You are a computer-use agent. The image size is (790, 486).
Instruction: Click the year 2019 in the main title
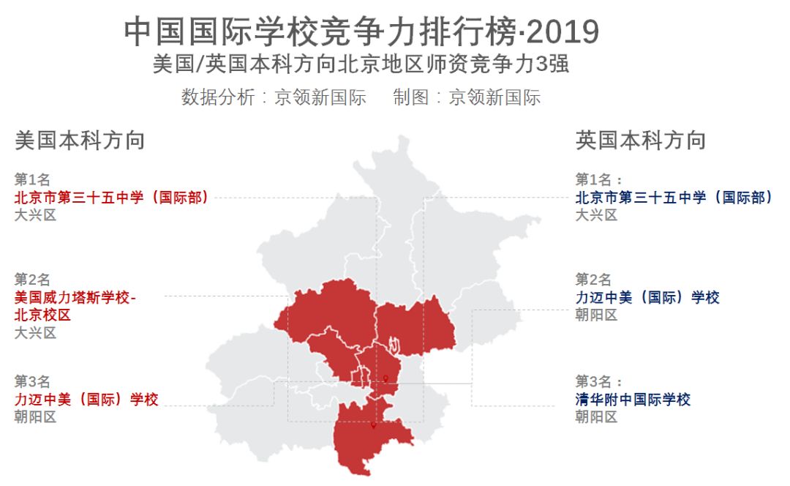563,32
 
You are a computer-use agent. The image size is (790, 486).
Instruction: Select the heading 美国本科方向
80,141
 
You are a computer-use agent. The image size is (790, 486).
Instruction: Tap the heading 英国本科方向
641,141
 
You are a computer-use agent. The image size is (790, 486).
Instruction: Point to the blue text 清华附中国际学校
633,400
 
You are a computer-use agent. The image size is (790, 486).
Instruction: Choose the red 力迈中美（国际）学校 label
86,400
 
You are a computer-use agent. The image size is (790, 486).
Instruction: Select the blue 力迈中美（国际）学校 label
647,298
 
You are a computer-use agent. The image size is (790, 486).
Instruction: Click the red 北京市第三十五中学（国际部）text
112,198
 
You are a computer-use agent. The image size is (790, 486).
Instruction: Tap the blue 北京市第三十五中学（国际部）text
674,198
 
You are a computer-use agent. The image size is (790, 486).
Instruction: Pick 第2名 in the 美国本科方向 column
32,280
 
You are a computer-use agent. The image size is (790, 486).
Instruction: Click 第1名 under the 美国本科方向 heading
32,179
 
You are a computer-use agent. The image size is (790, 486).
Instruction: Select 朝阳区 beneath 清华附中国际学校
596,417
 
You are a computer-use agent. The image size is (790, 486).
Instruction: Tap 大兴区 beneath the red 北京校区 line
35,333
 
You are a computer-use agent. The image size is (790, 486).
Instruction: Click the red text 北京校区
42,315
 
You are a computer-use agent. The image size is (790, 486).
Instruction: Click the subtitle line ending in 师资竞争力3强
361,64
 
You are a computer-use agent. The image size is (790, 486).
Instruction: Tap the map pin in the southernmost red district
373,425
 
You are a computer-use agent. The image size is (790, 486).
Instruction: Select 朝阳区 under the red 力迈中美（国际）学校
35,417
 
